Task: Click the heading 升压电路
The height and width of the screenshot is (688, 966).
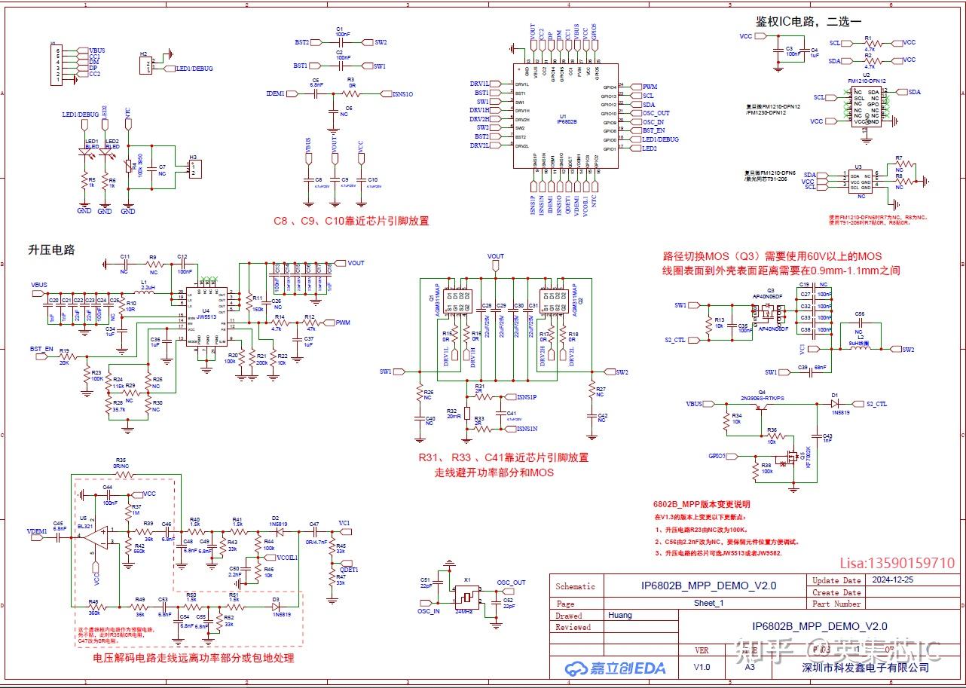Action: (x=52, y=249)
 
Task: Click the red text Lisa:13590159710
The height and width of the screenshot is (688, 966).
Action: (x=897, y=563)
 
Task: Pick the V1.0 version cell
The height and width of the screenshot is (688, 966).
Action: (x=702, y=667)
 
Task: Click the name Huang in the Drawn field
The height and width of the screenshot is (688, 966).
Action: (x=620, y=615)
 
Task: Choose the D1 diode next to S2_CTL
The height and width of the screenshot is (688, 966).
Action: (x=835, y=404)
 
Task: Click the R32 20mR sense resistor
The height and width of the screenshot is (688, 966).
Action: (x=467, y=412)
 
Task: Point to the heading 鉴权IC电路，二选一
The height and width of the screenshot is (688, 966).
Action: (x=808, y=21)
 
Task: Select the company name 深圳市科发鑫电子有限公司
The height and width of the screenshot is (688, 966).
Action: (x=866, y=667)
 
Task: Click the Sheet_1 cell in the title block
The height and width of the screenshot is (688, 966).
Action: (x=708, y=603)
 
